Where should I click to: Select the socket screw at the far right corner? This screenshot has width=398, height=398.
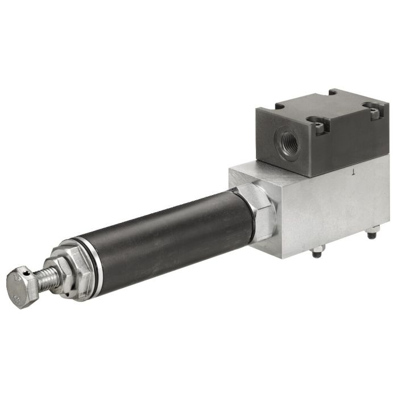pos(373,111)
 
